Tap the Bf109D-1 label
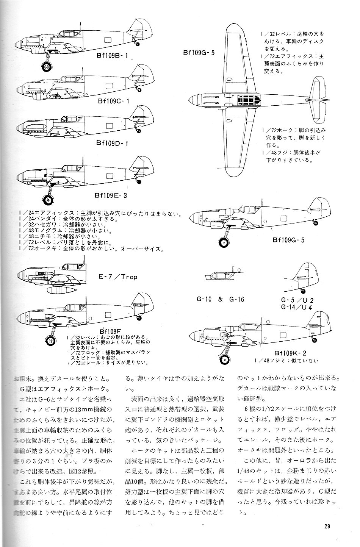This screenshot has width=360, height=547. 113,144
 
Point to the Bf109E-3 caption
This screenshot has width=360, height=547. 111,196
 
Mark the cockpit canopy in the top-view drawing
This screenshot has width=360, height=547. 249,100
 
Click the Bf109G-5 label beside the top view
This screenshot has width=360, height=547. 199,53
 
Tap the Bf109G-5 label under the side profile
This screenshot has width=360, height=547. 288,240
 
